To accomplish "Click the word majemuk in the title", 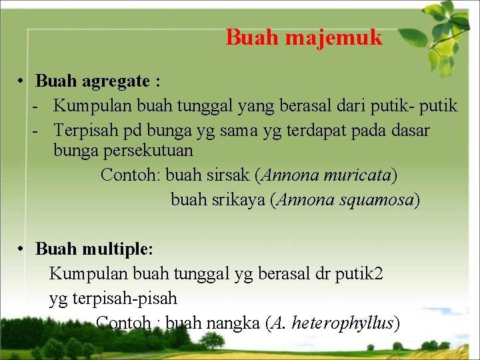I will pyautogui.click(x=333, y=37).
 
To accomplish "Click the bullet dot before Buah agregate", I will pyautogui.click(x=22, y=81).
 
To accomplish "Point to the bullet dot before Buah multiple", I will pyautogui.click(x=22, y=249).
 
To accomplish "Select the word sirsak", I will pyautogui.click(x=233, y=175).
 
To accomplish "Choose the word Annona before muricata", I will pyautogui.click(x=291, y=175).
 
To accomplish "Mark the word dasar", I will pyautogui.click(x=413, y=130).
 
